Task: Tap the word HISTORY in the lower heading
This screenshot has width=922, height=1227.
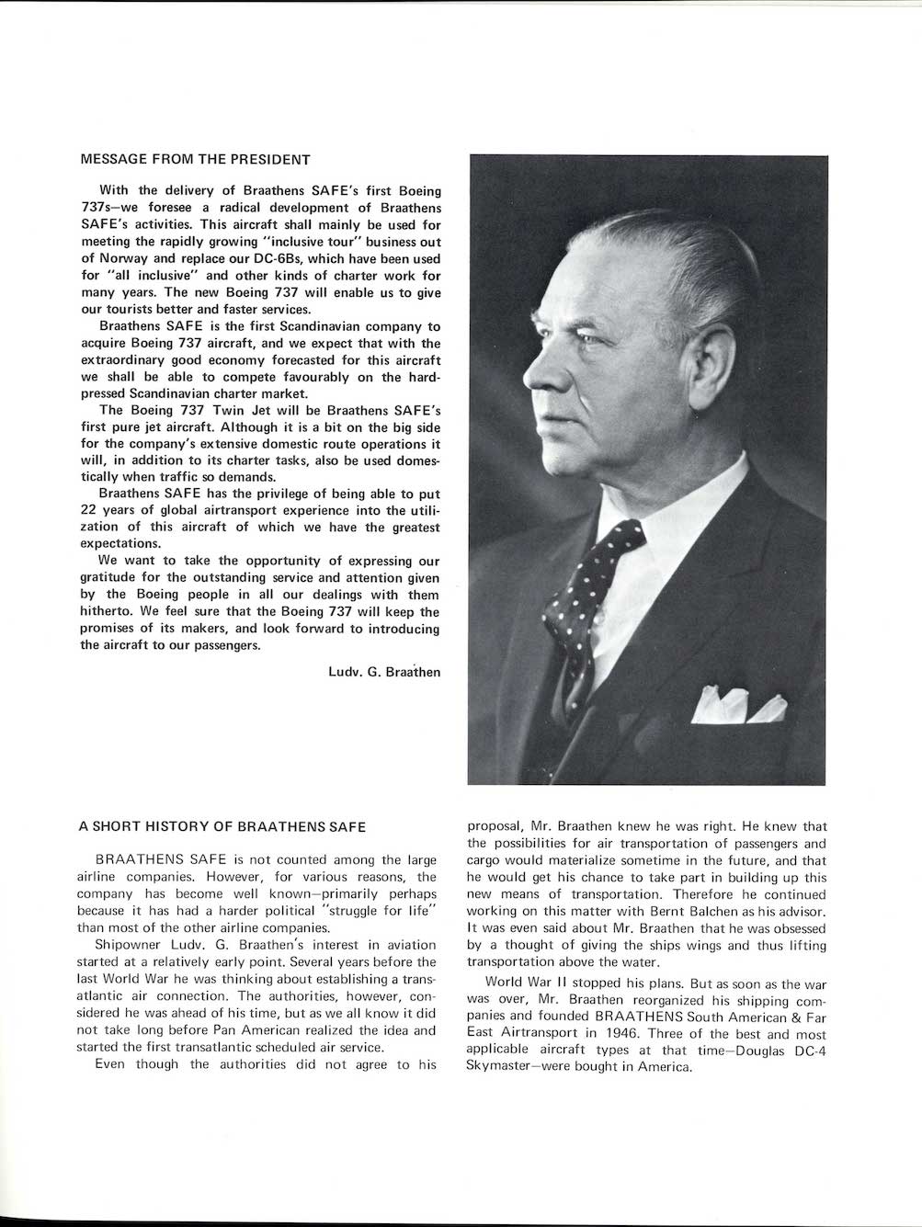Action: coord(176,826)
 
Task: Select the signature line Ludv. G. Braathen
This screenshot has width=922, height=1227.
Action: coord(383,672)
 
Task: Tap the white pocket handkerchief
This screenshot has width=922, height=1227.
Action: coord(739,705)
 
